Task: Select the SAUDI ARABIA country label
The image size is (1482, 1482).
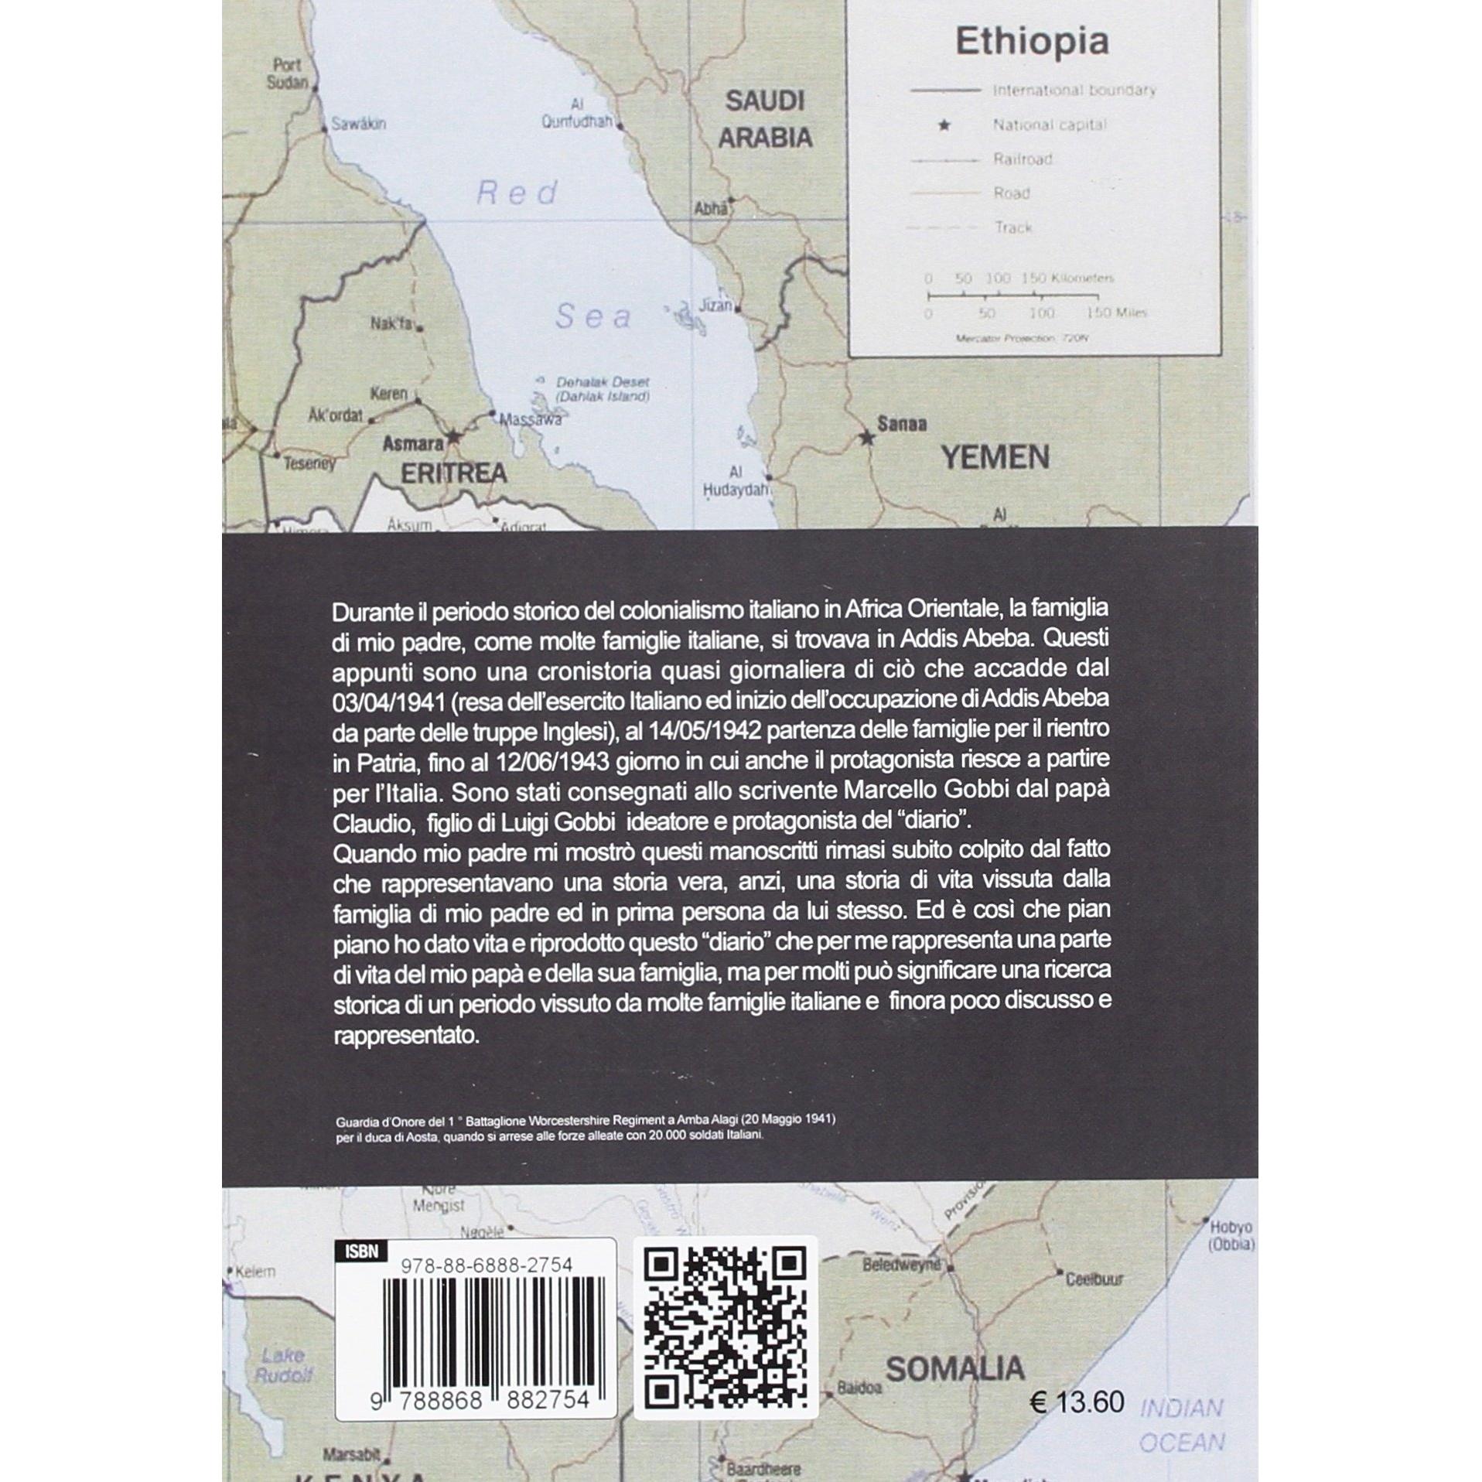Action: pyautogui.click(x=765, y=119)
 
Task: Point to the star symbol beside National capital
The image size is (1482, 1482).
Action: pyautogui.click(x=944, y=125)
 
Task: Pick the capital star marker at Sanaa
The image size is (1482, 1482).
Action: pyautogui.click(x=867, y=439)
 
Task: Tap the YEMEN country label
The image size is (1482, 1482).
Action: pyautogui.click(x=995, y=458)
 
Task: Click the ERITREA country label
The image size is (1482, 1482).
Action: pyautogui.click(x=453, y=473)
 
